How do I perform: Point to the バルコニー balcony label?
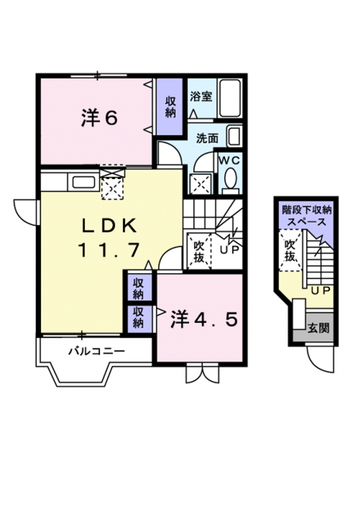coord(96,352)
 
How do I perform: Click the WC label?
coord(229,160)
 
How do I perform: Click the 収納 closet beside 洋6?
coord(170,106)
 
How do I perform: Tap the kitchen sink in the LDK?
coord(83,182)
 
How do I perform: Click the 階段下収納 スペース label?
coord(307,216)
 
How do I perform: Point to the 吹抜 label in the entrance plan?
coord(290,251)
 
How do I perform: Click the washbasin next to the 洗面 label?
coord(233,136)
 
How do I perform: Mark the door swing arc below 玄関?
coord(321,360)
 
